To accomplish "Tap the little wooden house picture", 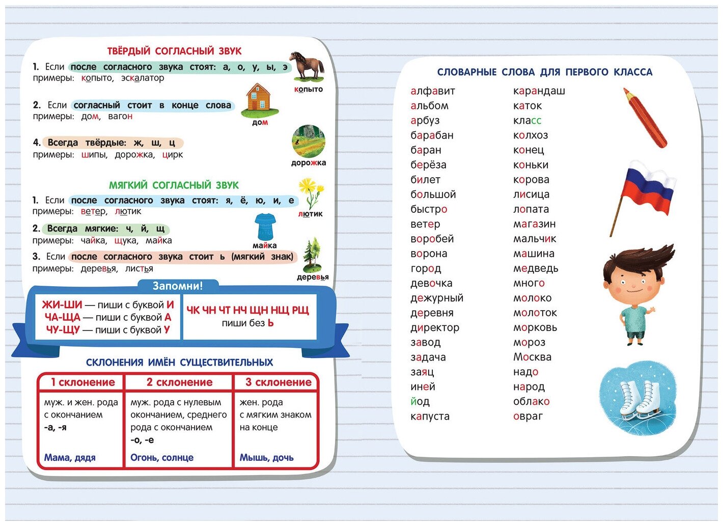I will click(259, 99).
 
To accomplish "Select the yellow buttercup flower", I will click(310, 192).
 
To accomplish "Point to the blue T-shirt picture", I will click(265, 227).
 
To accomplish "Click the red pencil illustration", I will click(644, 117).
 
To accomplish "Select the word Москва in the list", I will click(532, 357).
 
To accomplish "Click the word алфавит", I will click(433, 91).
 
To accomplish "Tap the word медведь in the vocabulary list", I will click(536, 268).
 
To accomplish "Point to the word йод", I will click(420, 401).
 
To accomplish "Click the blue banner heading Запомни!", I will click(178, 286).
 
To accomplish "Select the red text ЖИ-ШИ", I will click(62, 305).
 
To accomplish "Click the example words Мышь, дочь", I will click(266, 457).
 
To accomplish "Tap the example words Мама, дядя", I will click(70, 457).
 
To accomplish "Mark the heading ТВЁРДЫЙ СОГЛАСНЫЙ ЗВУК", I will click(174, 51).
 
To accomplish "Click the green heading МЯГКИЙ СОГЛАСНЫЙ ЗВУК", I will click(174, 185).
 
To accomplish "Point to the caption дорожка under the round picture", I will click(309, 163).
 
